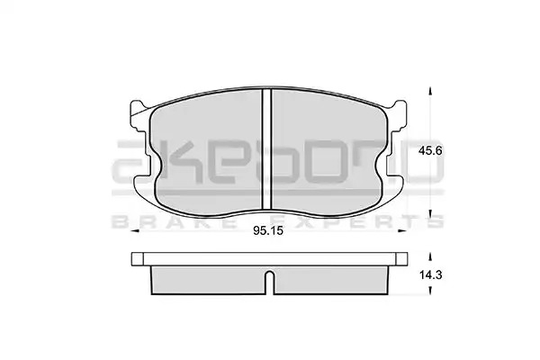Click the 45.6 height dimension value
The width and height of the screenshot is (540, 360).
(430, 151)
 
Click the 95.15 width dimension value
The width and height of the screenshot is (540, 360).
(268, 230)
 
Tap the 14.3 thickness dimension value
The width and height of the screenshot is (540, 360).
(430, 275)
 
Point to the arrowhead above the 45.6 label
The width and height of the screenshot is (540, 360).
(429, 91)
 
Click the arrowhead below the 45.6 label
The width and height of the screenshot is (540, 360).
(429, 214)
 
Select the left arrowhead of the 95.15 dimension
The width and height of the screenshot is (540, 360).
(135, 230)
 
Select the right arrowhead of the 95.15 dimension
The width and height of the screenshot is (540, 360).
(402, 230)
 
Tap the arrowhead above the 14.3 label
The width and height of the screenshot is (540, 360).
(429, 256)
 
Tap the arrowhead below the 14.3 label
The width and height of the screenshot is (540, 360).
(429, 291)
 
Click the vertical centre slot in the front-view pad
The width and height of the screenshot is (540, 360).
(267, 148)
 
